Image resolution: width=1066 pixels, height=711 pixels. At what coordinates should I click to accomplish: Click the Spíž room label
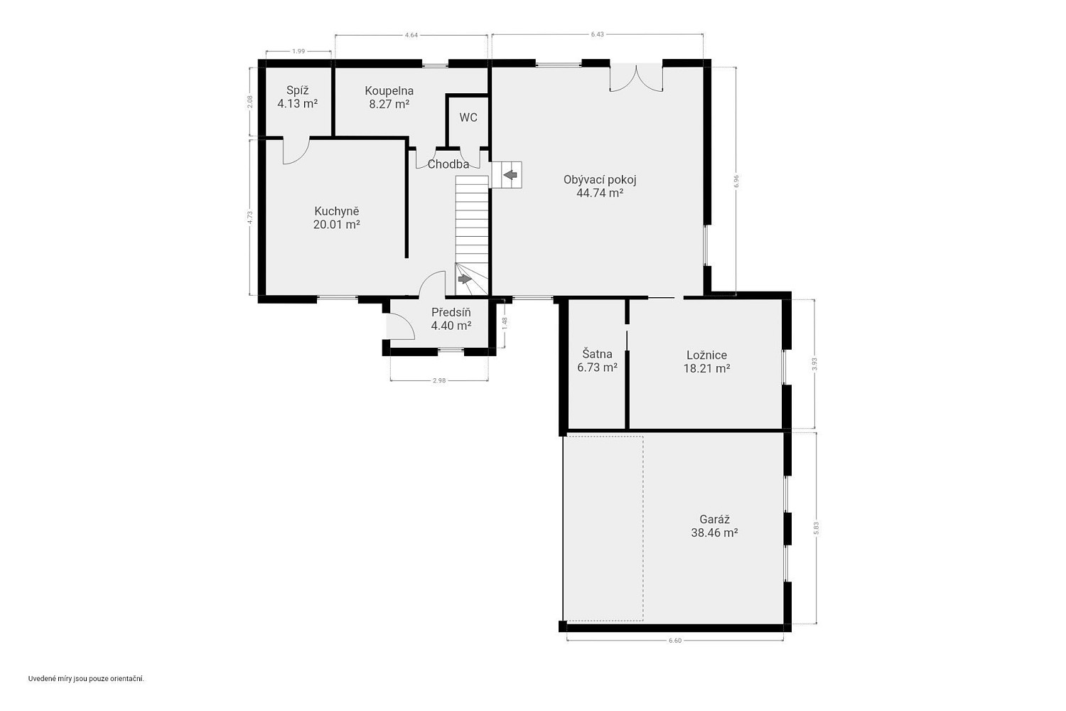(298, 97)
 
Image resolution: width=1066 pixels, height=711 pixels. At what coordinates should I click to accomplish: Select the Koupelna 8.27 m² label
(389, 97)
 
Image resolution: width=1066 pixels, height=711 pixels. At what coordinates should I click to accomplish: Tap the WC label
(468, 117)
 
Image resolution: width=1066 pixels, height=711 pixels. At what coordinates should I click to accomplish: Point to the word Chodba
(448, 164)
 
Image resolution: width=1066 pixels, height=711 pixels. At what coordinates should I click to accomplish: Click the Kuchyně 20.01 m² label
(336, 218)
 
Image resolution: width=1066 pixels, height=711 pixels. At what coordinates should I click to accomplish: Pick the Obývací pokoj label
(600, 180)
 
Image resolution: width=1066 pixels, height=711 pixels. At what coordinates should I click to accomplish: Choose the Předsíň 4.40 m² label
(451, 319)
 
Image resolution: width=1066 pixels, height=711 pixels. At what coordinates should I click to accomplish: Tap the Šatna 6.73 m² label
(597, 360)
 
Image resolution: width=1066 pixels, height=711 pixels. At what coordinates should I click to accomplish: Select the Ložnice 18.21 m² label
(706, 361)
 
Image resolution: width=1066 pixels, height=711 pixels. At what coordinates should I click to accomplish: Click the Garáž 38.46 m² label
(714, 525)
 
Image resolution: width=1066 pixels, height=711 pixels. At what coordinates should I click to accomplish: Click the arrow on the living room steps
(510, 175)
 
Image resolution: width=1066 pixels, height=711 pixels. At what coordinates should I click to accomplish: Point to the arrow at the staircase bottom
(464, 279)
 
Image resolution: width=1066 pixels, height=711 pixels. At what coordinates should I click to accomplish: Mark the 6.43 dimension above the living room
(597, 34)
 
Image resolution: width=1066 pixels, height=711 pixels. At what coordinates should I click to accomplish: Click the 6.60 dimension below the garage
(675, 641)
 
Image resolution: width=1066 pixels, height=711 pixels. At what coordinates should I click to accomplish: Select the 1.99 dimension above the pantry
(298, 51)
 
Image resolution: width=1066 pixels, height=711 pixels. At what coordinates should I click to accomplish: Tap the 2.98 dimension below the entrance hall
(438, 380)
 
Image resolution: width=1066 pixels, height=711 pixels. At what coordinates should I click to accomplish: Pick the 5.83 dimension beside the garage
(816, 528)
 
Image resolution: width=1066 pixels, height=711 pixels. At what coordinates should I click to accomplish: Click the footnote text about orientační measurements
(86, 678)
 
